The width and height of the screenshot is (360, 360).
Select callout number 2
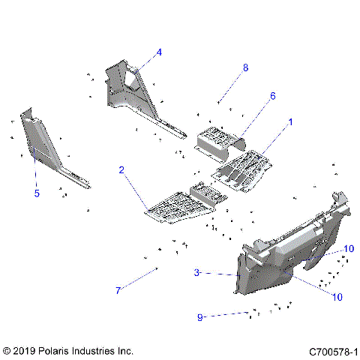coord(121,170)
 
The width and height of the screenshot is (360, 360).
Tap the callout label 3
coord(196,273)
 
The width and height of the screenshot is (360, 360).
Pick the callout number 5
coord(36,193)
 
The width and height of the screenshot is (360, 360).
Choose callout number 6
coord(252,96)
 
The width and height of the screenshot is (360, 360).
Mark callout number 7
coord(118,290)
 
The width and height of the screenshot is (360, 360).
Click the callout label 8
coord(244,67)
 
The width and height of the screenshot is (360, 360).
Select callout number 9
coord(199,317)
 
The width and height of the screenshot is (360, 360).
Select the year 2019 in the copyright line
coord(25,351)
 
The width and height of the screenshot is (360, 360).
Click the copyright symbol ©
coord(7,351)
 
